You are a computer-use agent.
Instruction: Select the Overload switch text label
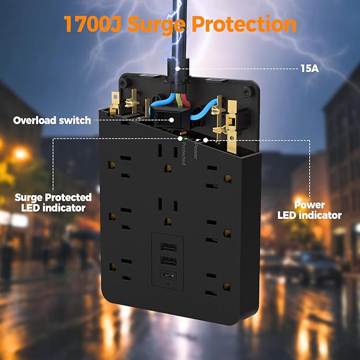(52, 120)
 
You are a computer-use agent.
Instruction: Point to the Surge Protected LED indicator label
(53, 203)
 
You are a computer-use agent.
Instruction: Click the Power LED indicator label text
(310, 210)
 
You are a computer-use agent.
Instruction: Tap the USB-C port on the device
(168, 276)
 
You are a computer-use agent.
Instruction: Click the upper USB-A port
(168, 247)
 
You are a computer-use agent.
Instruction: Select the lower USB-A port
(168, 261)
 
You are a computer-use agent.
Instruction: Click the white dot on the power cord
(178, 69)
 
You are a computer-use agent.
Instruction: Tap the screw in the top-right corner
(246, 92)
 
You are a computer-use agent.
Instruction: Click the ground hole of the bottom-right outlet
(227, 287)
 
